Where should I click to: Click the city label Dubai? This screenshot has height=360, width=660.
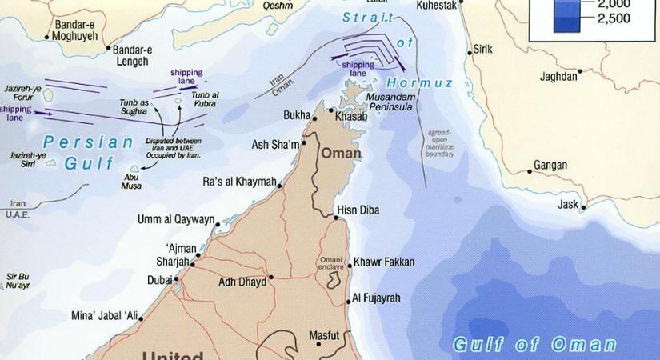159,280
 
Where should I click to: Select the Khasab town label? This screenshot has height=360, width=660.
353,116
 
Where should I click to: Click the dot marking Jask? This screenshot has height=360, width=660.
584,208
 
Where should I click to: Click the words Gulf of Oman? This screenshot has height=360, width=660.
534,345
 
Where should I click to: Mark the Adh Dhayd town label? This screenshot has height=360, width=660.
242,282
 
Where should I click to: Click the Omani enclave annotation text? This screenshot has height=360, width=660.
331,263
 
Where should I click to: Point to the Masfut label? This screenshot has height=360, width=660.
325,335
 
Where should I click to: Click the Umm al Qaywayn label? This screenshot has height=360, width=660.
176,219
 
